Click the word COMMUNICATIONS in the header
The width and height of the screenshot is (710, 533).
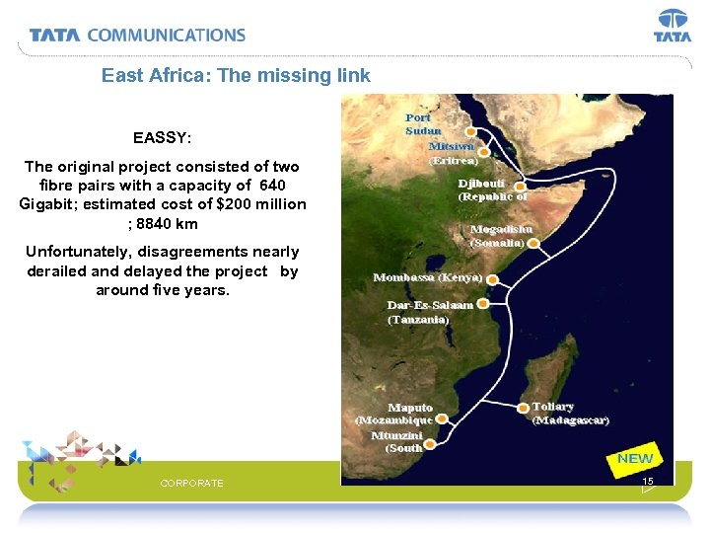coord(166,35)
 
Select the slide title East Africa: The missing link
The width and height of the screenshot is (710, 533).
coord(236,75)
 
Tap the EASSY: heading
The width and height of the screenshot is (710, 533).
coord(162,137)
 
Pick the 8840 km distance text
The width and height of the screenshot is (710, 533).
coord(164,224)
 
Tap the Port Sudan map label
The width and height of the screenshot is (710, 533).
coord(423,124)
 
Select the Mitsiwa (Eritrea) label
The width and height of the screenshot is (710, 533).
coord(452,152)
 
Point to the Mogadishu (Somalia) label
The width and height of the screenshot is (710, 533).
coord(502,235)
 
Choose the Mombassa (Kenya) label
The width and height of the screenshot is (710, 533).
coord(427,277)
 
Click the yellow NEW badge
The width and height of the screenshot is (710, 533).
coord(635,458)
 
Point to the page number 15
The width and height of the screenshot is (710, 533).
coord(647,481)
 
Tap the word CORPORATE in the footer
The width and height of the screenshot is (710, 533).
coord(191,483)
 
